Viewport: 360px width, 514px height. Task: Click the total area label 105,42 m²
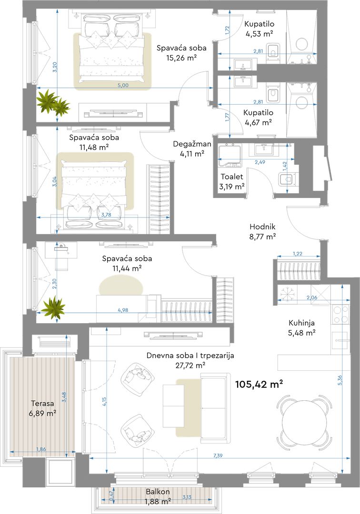[x=259, y=384]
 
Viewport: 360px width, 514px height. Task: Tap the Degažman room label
[x=192, y=144]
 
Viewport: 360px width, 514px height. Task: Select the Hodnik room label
[x=262, y=227]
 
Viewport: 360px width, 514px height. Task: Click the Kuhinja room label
[x=301, y=323]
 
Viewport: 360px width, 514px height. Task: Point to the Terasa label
[x=42, y=404]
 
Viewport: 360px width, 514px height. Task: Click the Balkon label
[x=158, y=492]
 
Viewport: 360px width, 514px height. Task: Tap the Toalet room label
[x=232, y=177]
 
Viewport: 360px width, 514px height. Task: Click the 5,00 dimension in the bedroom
[x=123, y=85]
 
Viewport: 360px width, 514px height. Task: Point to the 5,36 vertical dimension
[x=340, y=380]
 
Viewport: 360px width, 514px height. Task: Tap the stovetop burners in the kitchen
[x=341, y=314]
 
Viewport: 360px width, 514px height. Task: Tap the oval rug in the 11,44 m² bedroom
[x=121, y=286]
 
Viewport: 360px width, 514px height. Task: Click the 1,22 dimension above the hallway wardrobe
[x=297, y=253]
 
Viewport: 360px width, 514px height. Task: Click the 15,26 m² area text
[x=181, y=58]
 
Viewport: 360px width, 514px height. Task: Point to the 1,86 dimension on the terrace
[x=41, y=449]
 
